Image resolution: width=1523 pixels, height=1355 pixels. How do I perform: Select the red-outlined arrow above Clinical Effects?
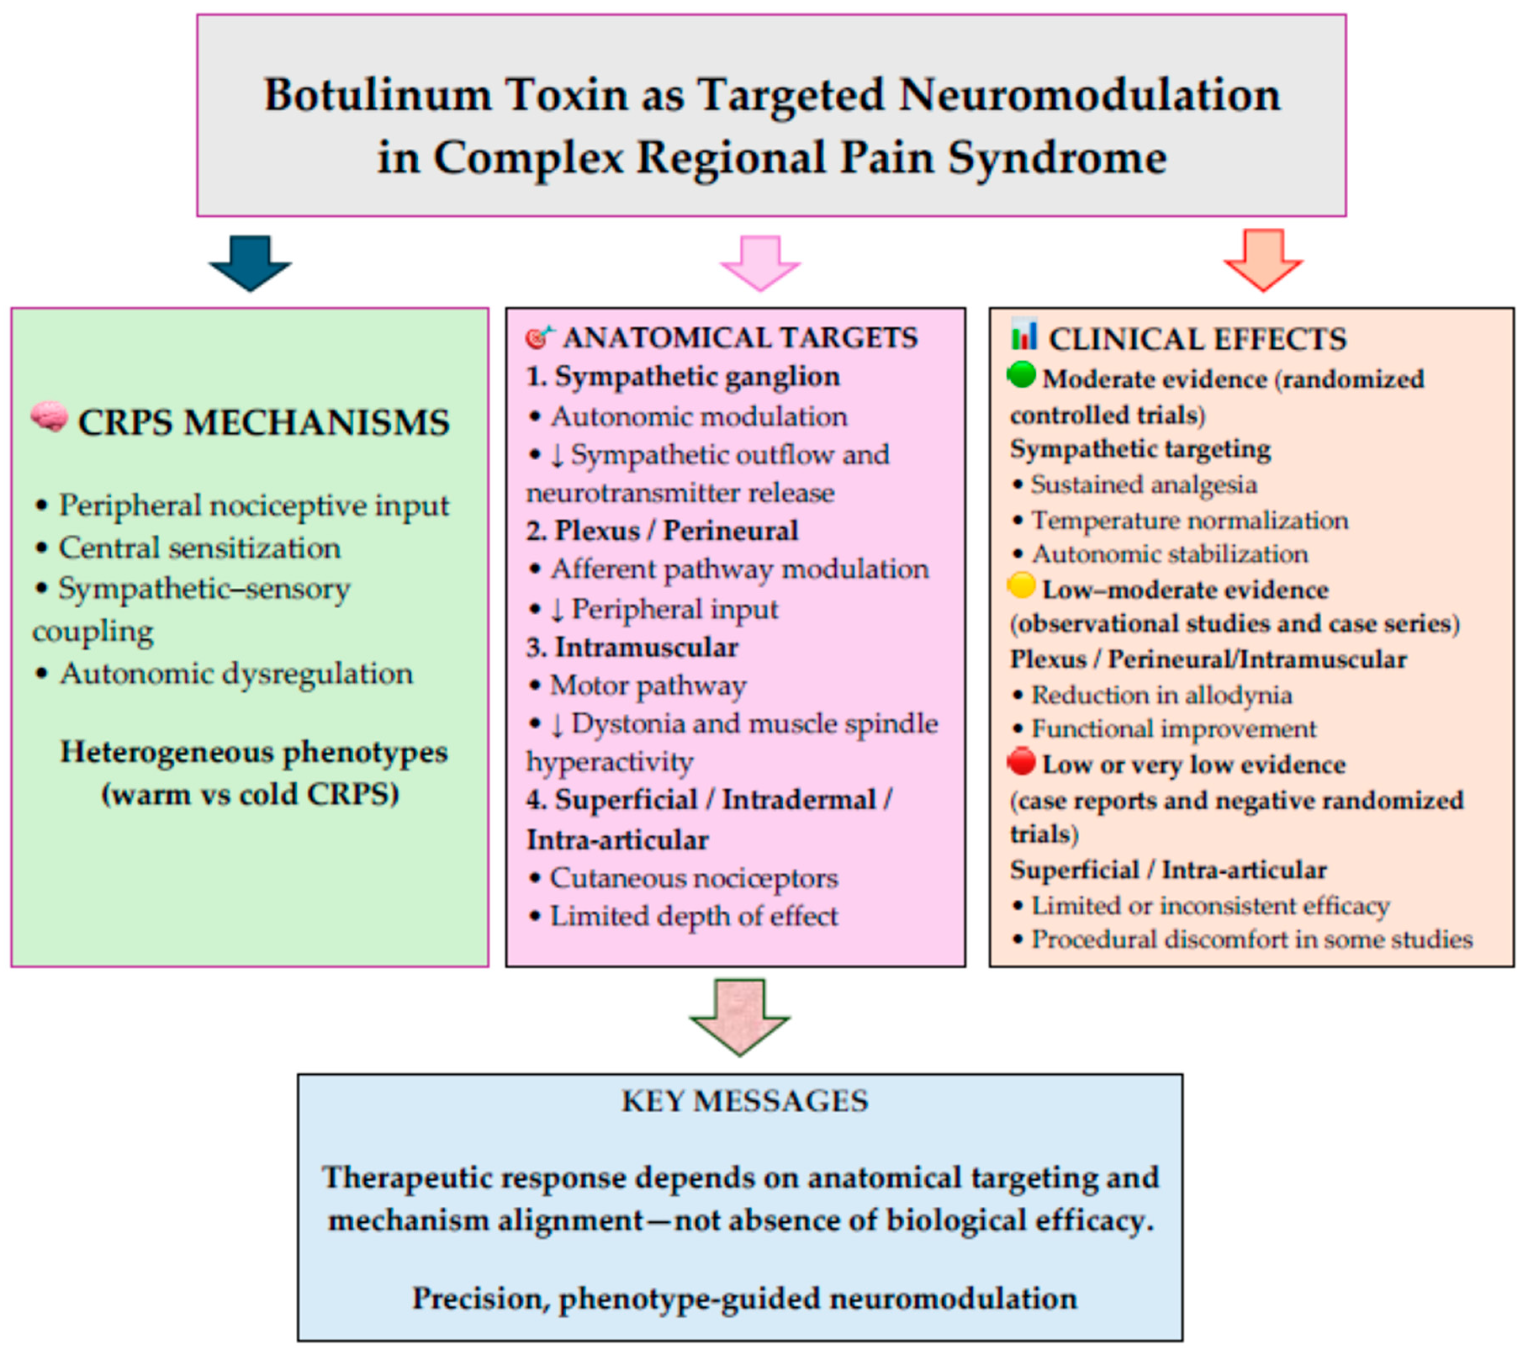(x=1263, y=260)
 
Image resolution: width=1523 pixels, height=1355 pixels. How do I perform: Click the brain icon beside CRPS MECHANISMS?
(x=50, y=417)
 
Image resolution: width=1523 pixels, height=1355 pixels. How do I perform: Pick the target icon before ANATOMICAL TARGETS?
(x=539, y=336)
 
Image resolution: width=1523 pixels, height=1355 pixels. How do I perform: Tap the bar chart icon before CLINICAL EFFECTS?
(x=1023, y=335)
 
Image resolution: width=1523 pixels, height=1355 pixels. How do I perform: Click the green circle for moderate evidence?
(x=1022, y=375)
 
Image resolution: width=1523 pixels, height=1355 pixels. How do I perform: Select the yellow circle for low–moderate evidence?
(x=1022, y=586)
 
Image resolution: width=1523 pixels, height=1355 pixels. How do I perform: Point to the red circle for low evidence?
(x=1022, y=761)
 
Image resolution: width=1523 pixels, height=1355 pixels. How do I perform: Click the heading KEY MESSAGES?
(x=744, y=1101)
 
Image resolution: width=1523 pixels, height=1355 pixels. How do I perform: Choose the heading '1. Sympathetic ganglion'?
(x=683, y=376)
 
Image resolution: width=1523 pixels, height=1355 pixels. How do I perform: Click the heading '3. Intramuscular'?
(x=632, y=647)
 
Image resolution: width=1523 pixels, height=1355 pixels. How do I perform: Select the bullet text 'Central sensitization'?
(x=199, y=548)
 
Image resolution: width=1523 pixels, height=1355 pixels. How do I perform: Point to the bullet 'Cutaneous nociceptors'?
(x=694, y=878)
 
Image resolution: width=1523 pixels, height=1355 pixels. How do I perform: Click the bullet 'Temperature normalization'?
(x=1189, y=521)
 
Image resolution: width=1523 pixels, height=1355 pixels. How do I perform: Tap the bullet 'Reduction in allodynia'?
(x=1161, y=695)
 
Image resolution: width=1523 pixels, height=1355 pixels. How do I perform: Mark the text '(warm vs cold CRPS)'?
(x=251, y=794)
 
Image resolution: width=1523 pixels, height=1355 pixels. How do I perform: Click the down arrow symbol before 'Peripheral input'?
(x=558, y=610)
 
